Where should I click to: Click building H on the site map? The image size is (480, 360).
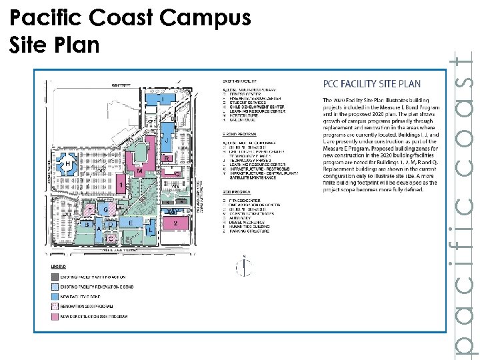point(67,164)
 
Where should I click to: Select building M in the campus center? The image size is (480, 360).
point(139,171)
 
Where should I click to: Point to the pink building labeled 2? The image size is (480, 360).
point(175,223)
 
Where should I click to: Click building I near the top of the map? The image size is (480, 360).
point(162,100)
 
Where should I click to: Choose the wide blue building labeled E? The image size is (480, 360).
point(131,223)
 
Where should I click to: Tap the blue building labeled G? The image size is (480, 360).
point(105,210)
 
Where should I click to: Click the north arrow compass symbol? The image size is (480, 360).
point(245,267)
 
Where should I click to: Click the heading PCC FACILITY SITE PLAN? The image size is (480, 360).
point(371,84)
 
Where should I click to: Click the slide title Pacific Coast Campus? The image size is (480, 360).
point(131,19)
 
